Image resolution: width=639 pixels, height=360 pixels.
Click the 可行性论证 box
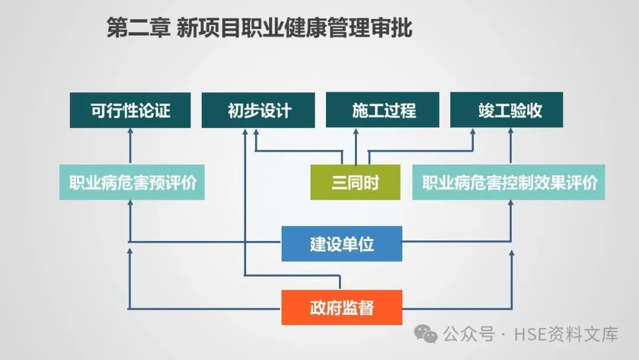coord(130,110)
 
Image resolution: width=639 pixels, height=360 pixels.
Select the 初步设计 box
coord(259,110)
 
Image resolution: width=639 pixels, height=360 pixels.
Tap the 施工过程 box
coord(383,110)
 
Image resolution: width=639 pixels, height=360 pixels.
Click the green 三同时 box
coord(355,182)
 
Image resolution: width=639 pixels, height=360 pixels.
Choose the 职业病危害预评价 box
coord(132,182)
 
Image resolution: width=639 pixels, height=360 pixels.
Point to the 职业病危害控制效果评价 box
coord(509,182)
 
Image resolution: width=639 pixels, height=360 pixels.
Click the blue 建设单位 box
coord(341,243)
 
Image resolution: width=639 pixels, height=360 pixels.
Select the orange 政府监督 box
coord(341,307)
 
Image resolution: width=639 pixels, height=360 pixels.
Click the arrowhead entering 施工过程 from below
coord(356,132)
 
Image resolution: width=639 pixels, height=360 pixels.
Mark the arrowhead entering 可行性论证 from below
coord(130,132)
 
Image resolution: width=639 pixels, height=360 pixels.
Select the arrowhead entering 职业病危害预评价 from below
coord(130,204)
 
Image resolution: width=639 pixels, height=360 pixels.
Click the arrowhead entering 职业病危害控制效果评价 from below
coord(511,204)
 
